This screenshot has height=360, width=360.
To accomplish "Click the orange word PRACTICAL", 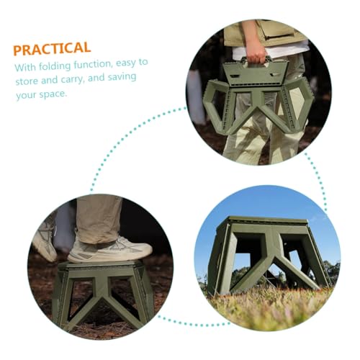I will point(52,49).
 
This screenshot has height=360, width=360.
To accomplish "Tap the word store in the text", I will point(29,81).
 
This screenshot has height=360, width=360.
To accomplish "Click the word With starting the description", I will point(24,68).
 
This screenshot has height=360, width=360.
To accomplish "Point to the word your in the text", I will point(26,95).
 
